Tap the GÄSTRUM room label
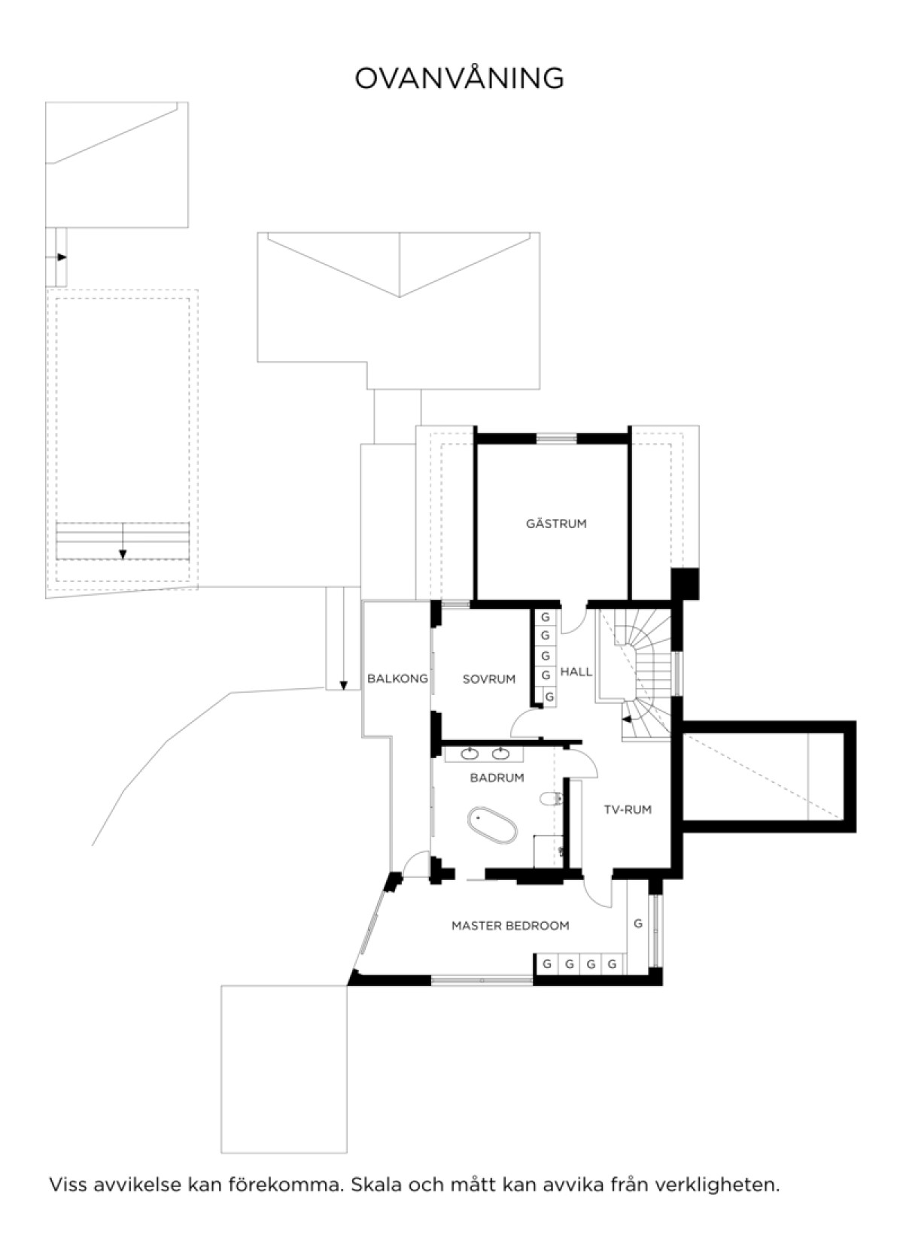tap(556, 523)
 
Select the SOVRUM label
tap(488, 679)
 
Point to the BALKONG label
tap(397, 678)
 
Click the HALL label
tap(576, 672)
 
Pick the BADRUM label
tap(497, 778)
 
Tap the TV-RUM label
tap(628, 809)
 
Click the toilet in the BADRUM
tap(551, 798)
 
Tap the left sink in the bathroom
tap(470, 754)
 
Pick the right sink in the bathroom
tap(500, 754)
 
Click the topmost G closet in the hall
tap(545, 617)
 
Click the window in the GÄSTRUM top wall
tap(556, 438)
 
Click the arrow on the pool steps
tap(123, 542)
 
